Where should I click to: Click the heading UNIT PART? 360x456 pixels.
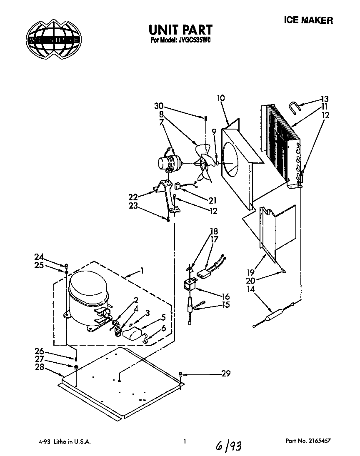point(180,30)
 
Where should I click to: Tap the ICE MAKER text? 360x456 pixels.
point(308,20)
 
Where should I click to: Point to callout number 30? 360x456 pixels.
point(158,105)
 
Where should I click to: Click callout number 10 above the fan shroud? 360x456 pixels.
point(221,98)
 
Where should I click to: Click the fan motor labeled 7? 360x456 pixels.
point(168,162)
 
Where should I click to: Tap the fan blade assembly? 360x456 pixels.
point(204,162)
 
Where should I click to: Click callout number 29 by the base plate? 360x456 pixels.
point(225,374)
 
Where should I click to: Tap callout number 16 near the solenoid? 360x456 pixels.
point(226,297)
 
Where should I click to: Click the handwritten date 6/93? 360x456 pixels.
point(228,446)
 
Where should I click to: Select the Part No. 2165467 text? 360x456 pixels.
point(309,441)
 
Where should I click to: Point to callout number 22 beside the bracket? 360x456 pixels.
point(133,197)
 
